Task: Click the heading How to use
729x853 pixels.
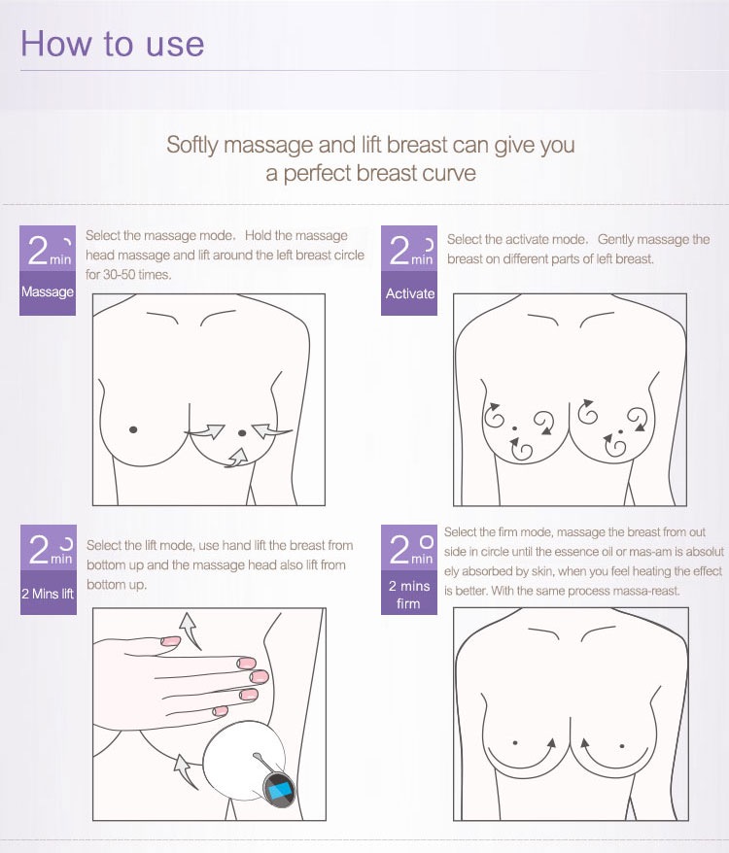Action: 112,44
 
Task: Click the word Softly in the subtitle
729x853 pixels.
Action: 192,146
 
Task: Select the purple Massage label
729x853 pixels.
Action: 48,292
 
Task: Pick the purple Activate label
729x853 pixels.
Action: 409,293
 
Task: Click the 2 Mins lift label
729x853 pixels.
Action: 48,594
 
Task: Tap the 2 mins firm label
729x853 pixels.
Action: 409,595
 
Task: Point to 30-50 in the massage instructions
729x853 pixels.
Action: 120,275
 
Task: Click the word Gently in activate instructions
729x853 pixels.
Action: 615,240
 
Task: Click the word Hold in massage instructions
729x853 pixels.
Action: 258,235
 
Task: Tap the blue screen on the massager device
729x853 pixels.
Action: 280,787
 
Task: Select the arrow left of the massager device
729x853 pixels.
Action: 185,771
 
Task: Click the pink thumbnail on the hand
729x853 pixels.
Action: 170,641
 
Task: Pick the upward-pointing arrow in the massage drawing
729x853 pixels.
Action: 237,458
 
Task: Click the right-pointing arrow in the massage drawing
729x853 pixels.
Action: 205,430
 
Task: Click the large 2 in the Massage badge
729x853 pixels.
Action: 38,251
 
